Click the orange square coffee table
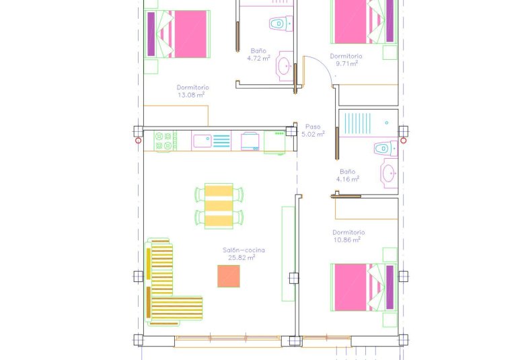(x=229, y=276)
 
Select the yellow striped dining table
(x=219, y=205)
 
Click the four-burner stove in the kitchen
(x=165, y=141)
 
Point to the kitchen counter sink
(x=202, y=141)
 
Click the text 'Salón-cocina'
(x=244, y=250)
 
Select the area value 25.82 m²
(x=242, y=258)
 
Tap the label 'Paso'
(x=313, y=126)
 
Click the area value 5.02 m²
(x=313, y=134)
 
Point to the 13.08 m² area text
(x=191, y=95)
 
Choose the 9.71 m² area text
(x=346, y=64)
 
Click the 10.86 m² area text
(x=346, y=240)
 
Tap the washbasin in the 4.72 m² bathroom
(x=285, y=66)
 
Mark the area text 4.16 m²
(x=348, y=179)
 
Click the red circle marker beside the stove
(x=139, y=140)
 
